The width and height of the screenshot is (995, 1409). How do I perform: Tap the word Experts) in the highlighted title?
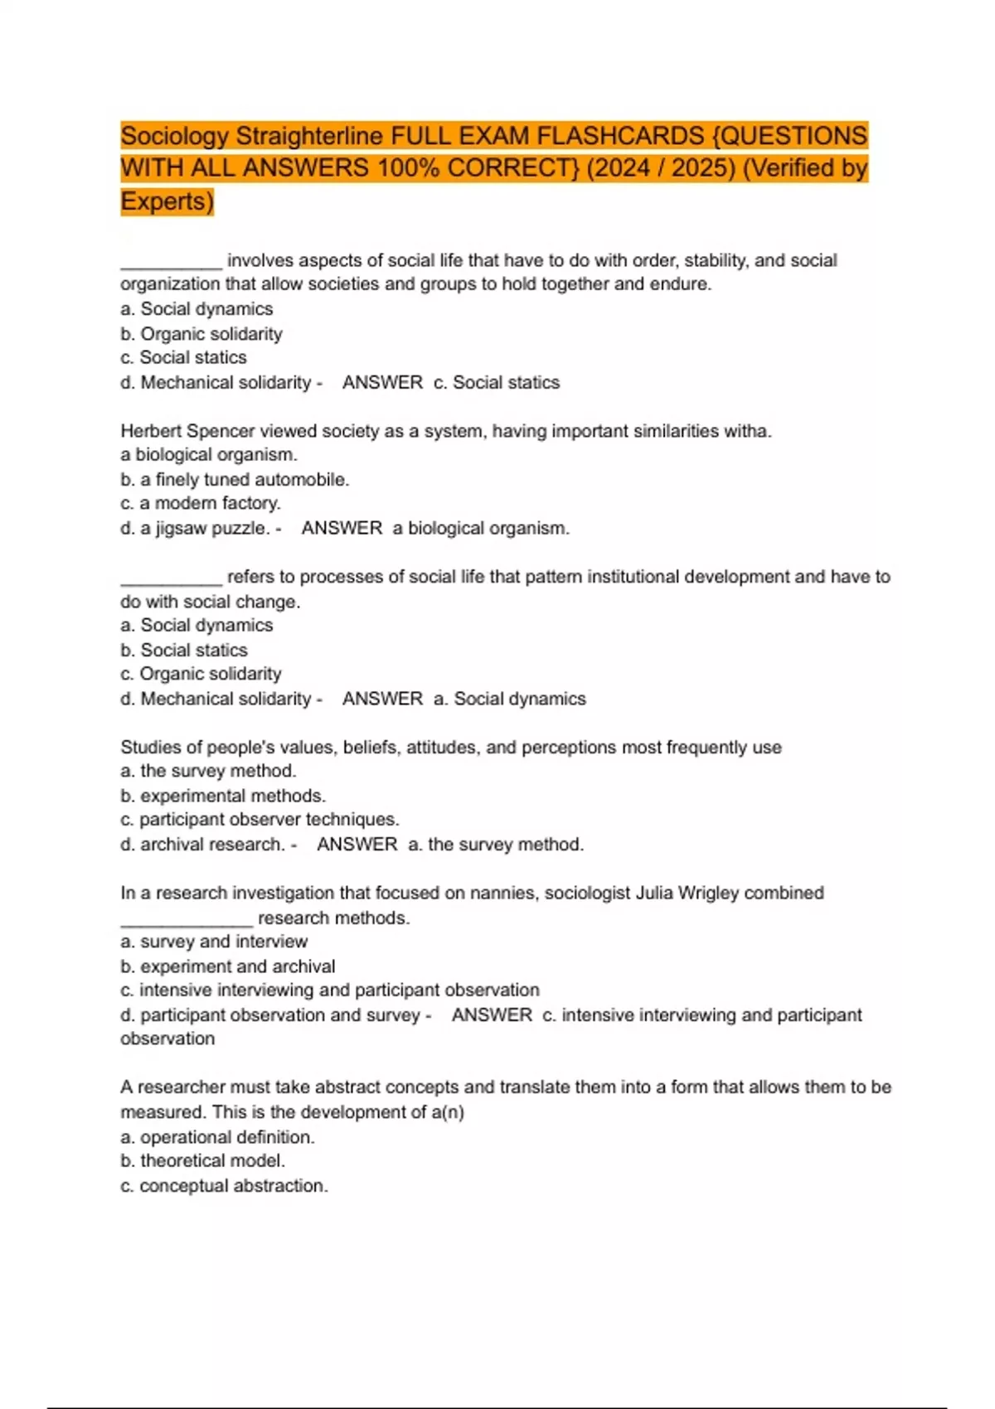[x=167, y=201]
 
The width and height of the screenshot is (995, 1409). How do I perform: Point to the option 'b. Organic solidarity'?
[x=201, y=334]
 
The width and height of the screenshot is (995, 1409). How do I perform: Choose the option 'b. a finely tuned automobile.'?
[x=235, y=480]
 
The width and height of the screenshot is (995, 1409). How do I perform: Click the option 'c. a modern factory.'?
[x=201, y=503]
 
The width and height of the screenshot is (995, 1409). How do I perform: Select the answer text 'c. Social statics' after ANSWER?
[x=497, y=383]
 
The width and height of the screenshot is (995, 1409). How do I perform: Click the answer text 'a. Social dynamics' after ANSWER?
[x=510, y=699]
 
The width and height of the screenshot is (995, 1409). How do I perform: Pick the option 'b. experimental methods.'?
[x=223, y=796]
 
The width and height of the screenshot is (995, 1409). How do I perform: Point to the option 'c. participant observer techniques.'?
[x=260, y=820]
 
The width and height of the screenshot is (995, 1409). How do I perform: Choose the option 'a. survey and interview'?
[x=214, y=942]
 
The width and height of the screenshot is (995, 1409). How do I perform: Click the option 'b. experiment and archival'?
[x=228, y=966]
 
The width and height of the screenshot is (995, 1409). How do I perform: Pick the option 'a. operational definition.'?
[x=217, y=1137]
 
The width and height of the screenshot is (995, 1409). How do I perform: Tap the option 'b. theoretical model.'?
[x=202, y=1161]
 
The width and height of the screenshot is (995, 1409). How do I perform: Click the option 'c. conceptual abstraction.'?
[x=224, y=1186]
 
